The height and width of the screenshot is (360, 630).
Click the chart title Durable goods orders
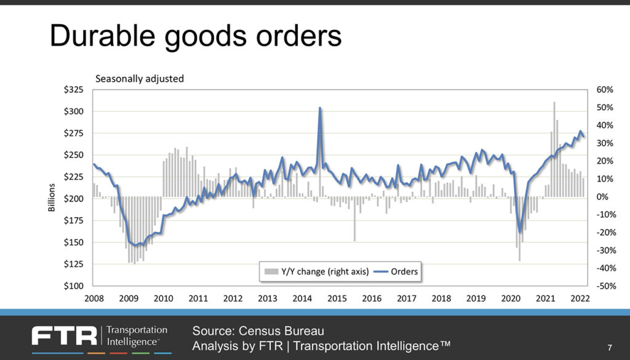(195, 36)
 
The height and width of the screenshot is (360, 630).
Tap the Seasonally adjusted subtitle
(139, 78)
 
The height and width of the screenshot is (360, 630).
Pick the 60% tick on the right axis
(605, 90)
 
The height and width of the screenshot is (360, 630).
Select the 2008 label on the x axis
(94, 298)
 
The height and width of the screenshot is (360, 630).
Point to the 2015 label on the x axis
(337, 298)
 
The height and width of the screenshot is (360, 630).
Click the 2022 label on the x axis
(580, 298)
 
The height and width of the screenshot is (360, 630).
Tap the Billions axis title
(52, 199)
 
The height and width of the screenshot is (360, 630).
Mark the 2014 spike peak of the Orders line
(320, 108)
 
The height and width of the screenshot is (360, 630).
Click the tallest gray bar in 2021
(554, 103)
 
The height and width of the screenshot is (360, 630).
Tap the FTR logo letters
(65, 336)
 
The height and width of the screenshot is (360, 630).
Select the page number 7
(609, 346)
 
